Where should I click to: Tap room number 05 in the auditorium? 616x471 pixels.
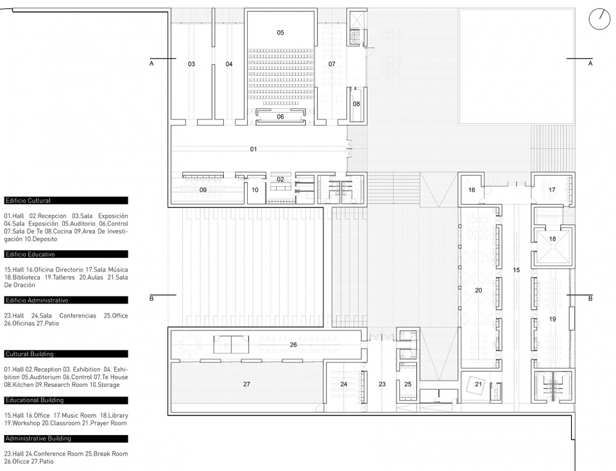[x=280, y=33]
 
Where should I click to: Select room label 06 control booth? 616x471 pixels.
[x=280, y=117]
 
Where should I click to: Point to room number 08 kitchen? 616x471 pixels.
[x=356, y=104]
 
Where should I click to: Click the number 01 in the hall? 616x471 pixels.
[x=253, y=150]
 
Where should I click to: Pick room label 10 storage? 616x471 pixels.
[x=255, y=190]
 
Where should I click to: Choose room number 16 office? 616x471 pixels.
[x=472, y=190]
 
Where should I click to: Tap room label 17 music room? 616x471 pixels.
[x=552, y=190]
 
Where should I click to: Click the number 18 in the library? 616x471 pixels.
[x=552, y=239]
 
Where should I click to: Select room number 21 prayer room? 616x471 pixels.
[x=478, y=384]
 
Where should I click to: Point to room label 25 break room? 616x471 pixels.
[x=408, y=384]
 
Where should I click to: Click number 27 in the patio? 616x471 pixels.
[x=246, y=384]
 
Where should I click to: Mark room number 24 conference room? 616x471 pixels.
[x=344, y=384]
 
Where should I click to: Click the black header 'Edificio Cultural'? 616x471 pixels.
[x=66, y=200]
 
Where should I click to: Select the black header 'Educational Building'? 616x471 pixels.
[x=66, y=400]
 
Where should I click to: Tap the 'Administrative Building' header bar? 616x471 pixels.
[x=66, y=438]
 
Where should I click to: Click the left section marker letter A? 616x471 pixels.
[x=151, y=64]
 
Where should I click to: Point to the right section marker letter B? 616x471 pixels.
[x=590, y=298]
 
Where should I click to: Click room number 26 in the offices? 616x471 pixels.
[x=293, y=345]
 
